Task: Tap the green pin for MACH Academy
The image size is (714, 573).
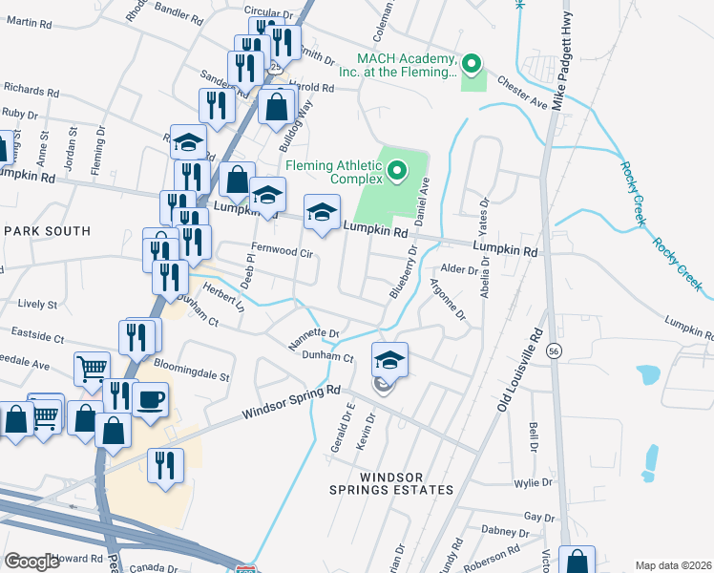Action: pos(470,65)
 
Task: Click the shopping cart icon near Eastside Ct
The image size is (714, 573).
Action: pos(92,368)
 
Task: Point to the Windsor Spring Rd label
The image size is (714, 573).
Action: pos(291,403)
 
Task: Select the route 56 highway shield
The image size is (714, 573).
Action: pos(553,351)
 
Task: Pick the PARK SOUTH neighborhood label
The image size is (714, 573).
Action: pos(47,231)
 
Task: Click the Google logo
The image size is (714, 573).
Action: pos(31,562)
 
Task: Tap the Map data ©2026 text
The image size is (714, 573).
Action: pos(673,565)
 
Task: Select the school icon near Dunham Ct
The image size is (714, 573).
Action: pos(389,359)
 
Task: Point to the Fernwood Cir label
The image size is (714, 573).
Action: pos(282,250)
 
